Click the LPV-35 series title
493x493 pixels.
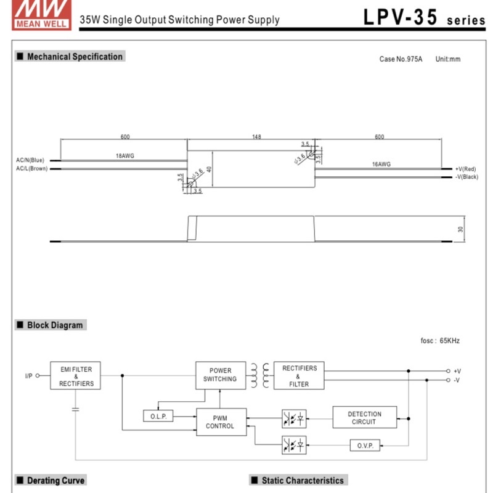coord(424,18)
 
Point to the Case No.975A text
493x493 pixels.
coord(401,59)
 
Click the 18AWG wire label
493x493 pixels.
coord(125,156)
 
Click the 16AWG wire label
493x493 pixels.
coord(381,165)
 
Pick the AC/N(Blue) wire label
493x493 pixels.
coord(30,160)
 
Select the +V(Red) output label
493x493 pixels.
coord(466,169)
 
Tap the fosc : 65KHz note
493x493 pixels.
coord(440,340)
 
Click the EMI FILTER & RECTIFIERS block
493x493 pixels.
coord(76,376)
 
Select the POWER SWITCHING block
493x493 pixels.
coord(220,375)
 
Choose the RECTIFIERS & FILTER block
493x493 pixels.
coord(299,376)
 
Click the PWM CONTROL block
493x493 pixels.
coord(220,422)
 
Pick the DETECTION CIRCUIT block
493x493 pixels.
coord(364,418)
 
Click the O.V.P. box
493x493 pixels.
coord(365,445)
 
